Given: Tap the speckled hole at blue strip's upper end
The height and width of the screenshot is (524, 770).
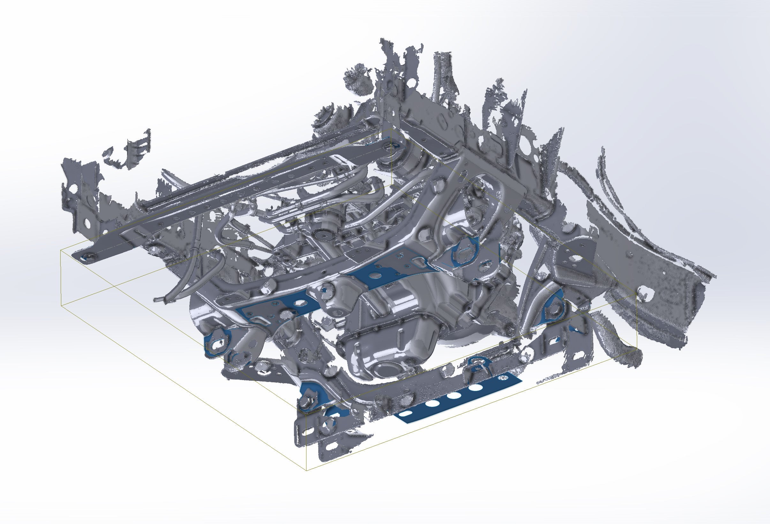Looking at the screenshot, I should pyautogui.click(x=504, y=377).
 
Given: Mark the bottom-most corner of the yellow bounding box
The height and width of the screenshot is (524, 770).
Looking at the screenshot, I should pyautogui.click(x=306, y=471).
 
